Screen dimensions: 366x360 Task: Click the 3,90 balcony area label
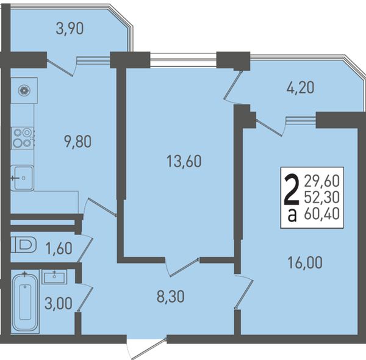[70, 29]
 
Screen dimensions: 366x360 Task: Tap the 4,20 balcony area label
[300, 88]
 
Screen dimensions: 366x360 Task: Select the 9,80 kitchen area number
[78, 142]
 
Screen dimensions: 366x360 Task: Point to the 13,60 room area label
[184, 161]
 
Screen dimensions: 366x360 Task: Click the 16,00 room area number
[305, 262]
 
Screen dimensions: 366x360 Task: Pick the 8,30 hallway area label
[171, 297]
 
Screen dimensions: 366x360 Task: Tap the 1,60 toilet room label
[59, 248]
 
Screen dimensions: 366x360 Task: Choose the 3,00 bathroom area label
[58, 303]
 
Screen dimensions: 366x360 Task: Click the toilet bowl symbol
[24, 245]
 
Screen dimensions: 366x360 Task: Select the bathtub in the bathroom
[25, 301]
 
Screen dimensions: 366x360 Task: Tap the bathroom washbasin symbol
[54, 277]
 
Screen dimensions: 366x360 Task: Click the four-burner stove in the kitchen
[23, 138]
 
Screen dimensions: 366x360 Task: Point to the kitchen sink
[22, 178]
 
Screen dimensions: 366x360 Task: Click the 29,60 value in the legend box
[321, 181]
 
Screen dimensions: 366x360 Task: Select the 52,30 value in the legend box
[321, 197]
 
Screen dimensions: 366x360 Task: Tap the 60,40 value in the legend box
[321, 213]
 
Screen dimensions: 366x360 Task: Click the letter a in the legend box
[292, 216]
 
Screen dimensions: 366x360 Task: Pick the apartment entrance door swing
[146, 348]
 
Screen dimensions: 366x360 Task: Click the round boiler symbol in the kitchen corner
[24, 90]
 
